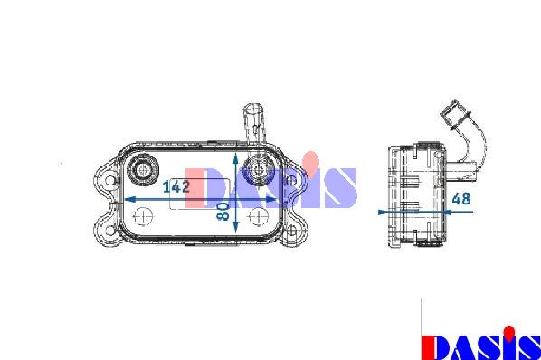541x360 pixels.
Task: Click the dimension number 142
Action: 176,186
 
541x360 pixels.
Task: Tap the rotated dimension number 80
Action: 223,212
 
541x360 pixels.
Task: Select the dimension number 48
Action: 461,199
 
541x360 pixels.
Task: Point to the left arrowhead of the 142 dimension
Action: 129,199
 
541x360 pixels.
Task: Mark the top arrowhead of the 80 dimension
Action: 235,158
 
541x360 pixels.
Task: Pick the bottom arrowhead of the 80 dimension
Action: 235,227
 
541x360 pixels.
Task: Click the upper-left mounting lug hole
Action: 110,180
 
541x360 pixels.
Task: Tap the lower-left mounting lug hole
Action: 110,230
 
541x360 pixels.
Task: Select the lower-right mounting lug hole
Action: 291,230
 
